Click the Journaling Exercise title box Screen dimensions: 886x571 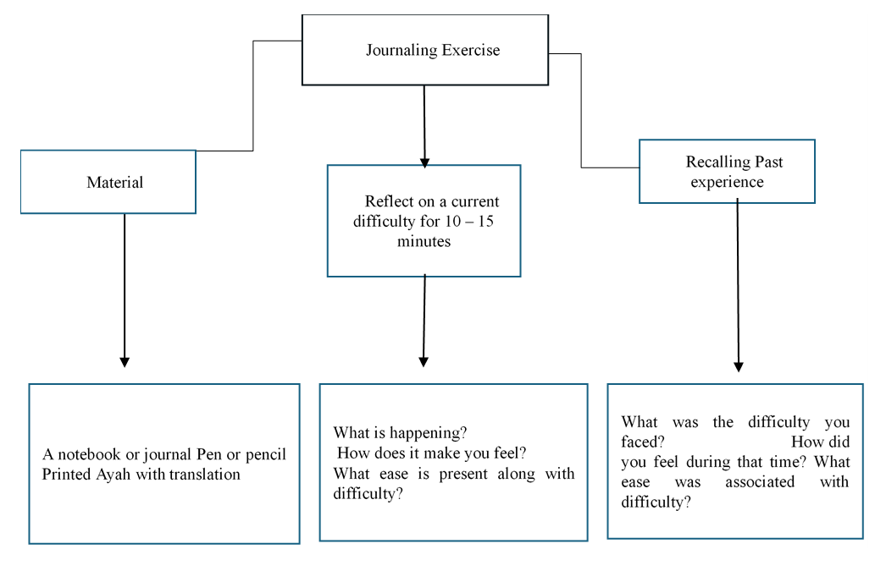pyautogui.click(x=425, y=50)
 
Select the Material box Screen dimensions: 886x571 pyautogui.click(x=108, y=182)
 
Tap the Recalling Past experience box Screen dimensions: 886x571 pyautogui.click(x=727, y=172)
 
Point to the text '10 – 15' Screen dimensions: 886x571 pyautogui.click(x=469, y=221)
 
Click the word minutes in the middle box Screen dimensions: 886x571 pyautogui.click(x=424, y=241)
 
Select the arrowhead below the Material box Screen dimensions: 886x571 pyautogui.click(x=125, y=362)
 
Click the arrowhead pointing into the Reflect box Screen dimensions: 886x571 pyautogui.click(x=425, y=163)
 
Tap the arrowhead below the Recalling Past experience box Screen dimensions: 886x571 pyautogui.click(x=738, y=367)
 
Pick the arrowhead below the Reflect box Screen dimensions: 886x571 pyautogui.click(x=424, y=362)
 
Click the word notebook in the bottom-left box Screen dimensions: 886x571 pyautogui.click(x=89, y=454)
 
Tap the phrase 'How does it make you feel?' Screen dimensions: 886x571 pyautogui.click(x=432, y=453)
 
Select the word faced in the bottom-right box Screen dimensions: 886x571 pyautogui.click(x=642, y=442)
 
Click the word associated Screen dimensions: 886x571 pyautogui.click(x=760, y=482)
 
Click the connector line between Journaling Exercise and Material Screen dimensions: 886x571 pyautogui.click(x=252, y=96)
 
